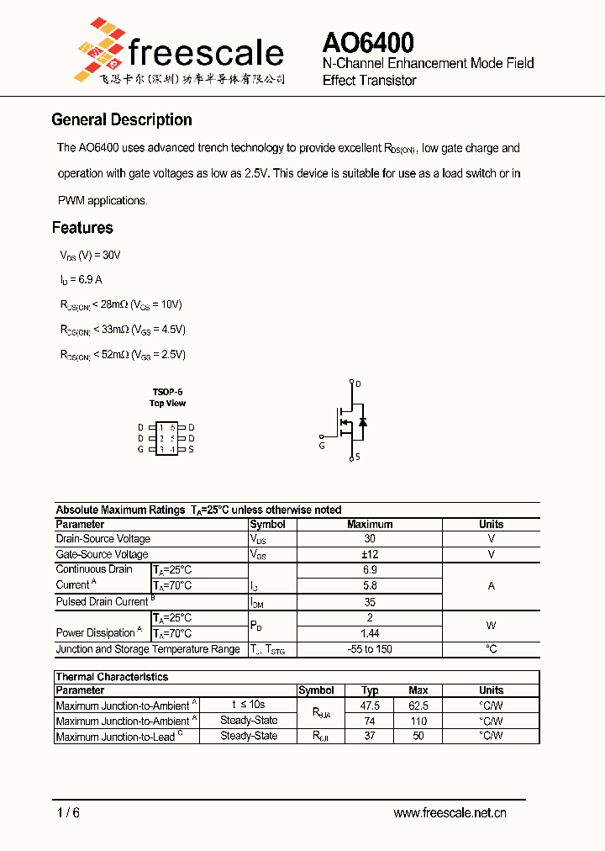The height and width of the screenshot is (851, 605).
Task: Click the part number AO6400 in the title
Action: coord(368,43)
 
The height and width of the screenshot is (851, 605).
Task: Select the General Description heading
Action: coord(122,119)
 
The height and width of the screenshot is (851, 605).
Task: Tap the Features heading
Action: coord(82,228)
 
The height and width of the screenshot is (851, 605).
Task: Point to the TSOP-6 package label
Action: coord(167,392)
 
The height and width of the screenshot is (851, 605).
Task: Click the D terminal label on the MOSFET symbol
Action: coord(358,384)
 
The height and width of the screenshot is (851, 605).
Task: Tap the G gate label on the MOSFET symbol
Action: coord(322,446)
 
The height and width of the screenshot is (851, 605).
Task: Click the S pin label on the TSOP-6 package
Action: coord(192,449)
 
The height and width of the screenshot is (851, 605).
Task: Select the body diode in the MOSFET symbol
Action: coord(363,421)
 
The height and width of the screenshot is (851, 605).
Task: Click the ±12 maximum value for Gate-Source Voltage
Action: coord(370,554)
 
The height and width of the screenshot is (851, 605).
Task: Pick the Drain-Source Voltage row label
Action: coord(103,539)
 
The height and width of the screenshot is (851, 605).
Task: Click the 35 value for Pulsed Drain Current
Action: coord(370,602)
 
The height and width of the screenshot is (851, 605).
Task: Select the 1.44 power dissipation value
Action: coord(370,633)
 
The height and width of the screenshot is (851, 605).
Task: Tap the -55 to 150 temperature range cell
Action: coord(370,649)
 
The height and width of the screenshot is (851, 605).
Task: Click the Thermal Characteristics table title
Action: coord(112,677)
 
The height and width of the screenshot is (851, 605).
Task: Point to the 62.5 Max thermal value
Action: coord(418,706)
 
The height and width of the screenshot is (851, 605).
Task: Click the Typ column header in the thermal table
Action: coord(370,690)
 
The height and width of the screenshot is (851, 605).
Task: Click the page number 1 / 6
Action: coord(68,813)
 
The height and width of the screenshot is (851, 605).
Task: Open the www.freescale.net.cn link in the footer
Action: coord(450,813)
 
